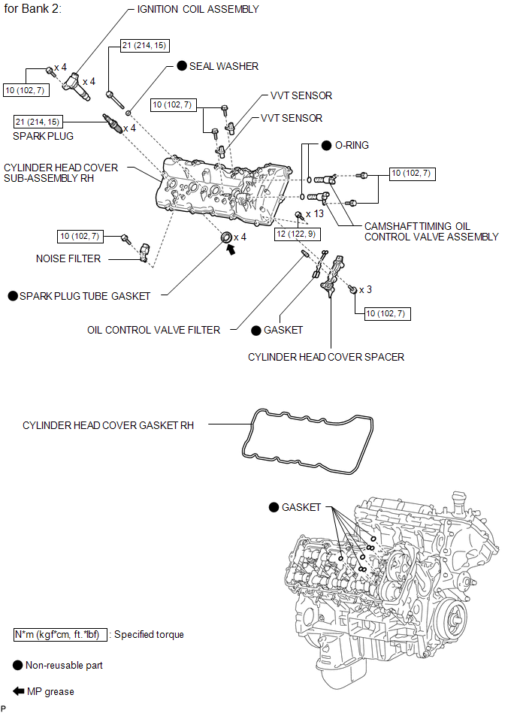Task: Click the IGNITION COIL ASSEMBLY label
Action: click(x=198, y=9)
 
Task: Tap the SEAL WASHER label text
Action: click(x=224, y=66)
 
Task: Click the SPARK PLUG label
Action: click(x=43, y=136)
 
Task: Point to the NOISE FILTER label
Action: click(x=68, y=258)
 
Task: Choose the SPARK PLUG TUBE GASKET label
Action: click(x=85, y=297)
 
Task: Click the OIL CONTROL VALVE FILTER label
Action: click(x=154, y=330)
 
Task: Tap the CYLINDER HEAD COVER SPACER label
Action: click(x=326, y=358)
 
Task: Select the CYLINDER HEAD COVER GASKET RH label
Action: click(x=108, y=425)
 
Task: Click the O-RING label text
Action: click(x=352, y=146)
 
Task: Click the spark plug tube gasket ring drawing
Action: click(x=226, y=237)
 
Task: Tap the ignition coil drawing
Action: click(x=77, y=87)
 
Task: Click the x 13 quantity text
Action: click(x=315, y=213)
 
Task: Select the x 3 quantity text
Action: click(x=366, y=290)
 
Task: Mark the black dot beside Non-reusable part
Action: click(x=18, y=665)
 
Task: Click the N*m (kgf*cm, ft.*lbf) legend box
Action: click(x=60, y=635)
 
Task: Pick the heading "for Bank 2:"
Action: click(x=32, y=8)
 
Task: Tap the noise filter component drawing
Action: click(x=145, y=252)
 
